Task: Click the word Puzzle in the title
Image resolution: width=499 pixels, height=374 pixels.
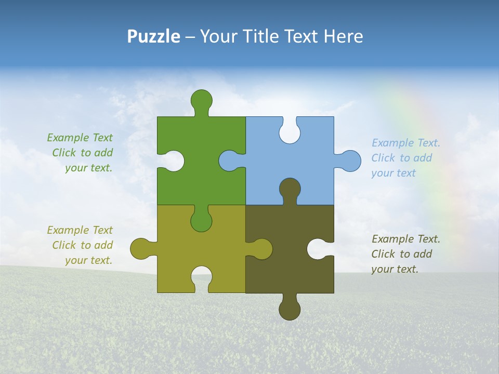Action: (x=153, y=36)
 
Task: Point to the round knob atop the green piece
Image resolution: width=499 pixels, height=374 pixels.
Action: (x=201, y=100)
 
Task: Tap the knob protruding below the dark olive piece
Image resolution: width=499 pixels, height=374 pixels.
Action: (x=290, y=309)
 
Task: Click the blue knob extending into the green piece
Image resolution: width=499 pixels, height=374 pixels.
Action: (x=229, y=161)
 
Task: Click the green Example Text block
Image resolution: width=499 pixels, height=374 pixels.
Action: (x=80, y=153)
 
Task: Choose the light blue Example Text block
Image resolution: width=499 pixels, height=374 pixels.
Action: (x=406, y=158)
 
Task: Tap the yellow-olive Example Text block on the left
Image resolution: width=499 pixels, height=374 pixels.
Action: (x=80, y=245)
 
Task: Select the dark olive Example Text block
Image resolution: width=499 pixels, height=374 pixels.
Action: (x=406, y=254)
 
